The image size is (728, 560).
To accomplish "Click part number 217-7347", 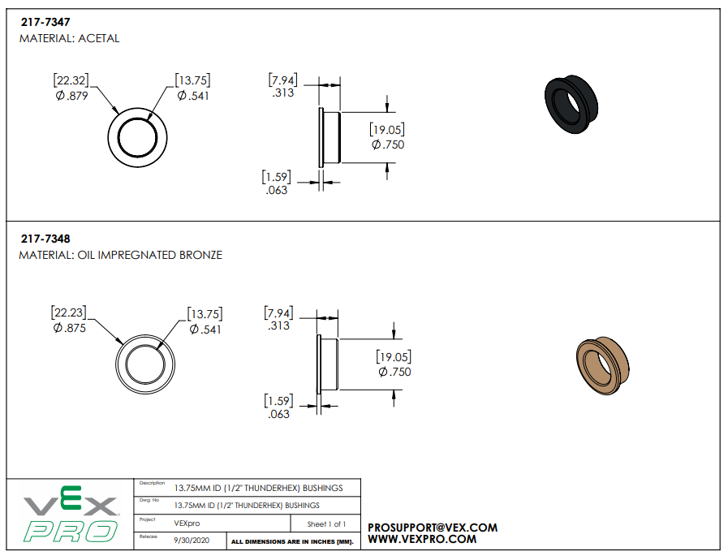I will pos(45,24).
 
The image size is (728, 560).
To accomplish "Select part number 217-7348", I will pos(45,239).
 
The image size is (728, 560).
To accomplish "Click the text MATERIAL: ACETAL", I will pos(69,38).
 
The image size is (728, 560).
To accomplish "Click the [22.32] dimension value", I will pos(71,80).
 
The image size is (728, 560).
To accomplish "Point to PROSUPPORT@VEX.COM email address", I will pos(433,528).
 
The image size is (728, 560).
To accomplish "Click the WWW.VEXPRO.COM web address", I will pos(422,539).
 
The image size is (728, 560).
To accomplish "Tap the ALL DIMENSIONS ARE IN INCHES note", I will pos(292,541).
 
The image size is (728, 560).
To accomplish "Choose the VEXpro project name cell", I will pos(187,523).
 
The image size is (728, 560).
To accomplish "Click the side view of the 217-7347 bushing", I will pos(330,137).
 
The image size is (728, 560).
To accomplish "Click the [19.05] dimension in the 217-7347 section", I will pos(387,130).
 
